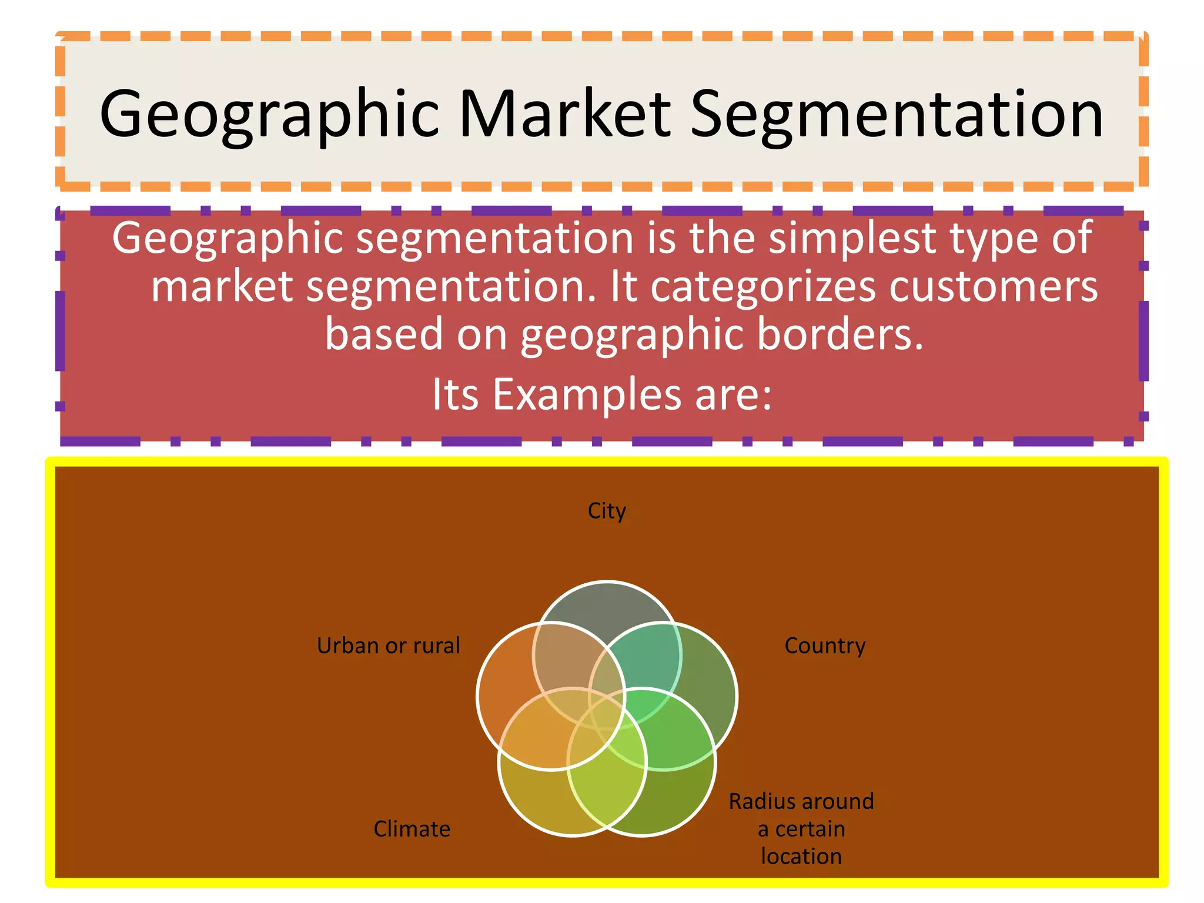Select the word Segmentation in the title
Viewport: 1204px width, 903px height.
coord(896,115)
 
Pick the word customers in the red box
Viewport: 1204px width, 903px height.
coord(993,287)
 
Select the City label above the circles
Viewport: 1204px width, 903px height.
coord(607,511)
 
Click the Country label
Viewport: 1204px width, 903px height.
coord(825,646)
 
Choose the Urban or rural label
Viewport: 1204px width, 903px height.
coord(388,646)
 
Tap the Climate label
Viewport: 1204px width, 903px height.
coord(412,829)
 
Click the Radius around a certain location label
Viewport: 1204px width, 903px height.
coord(801,828)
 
